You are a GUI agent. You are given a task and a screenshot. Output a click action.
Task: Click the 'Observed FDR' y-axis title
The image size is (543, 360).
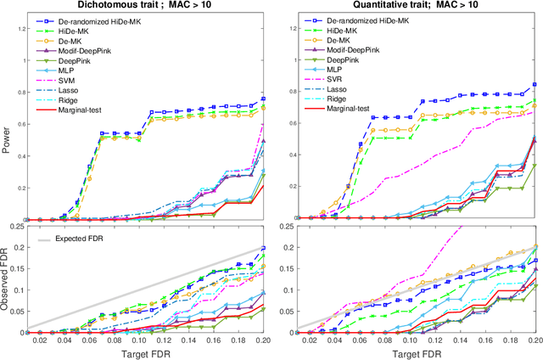click(x=7, y=284)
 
